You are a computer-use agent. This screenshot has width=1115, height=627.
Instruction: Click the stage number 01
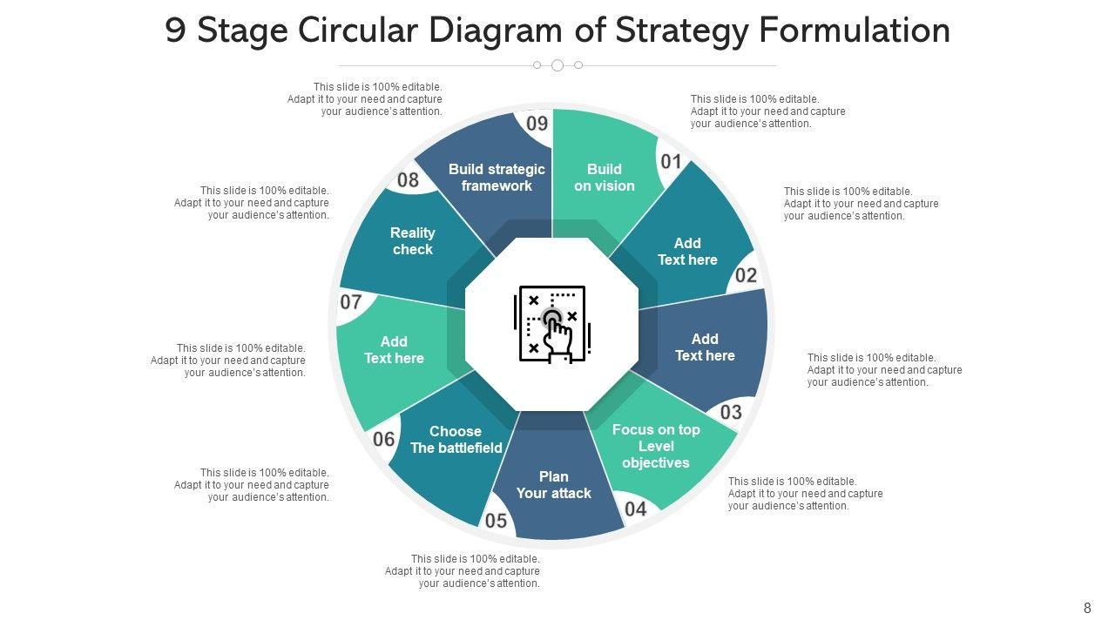point(671,162)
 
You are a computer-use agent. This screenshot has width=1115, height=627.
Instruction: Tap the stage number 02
point(747,276)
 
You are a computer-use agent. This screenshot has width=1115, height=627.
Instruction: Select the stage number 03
point(731,411)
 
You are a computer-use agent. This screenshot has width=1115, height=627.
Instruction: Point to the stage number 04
point(636,509)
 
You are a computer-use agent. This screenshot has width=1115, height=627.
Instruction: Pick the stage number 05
point(496,521)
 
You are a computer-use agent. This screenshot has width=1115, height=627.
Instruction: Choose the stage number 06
point(384,439)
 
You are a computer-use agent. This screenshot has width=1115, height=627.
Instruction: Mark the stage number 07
point(351,302)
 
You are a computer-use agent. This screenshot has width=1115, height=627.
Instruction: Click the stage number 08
point(408,180)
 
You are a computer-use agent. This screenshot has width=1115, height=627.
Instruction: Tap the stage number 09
point(537,124)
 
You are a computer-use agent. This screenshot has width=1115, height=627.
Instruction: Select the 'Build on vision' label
point(605,178)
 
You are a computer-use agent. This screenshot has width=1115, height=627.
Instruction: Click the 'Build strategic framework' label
point(497,178)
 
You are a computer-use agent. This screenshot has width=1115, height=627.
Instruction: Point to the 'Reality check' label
point(413,241)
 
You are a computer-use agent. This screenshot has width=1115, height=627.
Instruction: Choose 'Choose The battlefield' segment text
point(456,440)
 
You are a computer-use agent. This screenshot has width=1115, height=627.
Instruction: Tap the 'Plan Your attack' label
point(554,485)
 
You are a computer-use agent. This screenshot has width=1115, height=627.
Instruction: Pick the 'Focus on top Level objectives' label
point(656,446)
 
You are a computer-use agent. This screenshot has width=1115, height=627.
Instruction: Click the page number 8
point(1087,609)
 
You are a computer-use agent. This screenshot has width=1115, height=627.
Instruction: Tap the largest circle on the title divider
point(557,65)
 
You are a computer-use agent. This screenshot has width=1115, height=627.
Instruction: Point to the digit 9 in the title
point(175,31)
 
